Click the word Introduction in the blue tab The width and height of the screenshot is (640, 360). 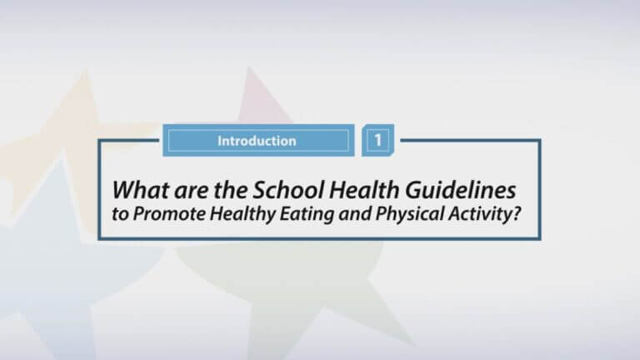[257, 141]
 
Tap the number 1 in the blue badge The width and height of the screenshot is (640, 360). [378, 140]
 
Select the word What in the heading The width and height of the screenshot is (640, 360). [140, 190]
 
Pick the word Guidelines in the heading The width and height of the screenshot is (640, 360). [460, 190]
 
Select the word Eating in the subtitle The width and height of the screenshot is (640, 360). [307, 215]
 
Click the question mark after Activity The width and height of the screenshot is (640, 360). [517, 213]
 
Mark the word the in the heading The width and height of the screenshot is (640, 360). [230, 190]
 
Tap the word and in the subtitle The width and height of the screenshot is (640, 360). [355, 213]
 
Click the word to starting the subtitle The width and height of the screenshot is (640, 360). [120, 214]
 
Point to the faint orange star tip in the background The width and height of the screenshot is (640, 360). [86, 72]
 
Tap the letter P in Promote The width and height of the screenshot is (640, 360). [139, 213]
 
